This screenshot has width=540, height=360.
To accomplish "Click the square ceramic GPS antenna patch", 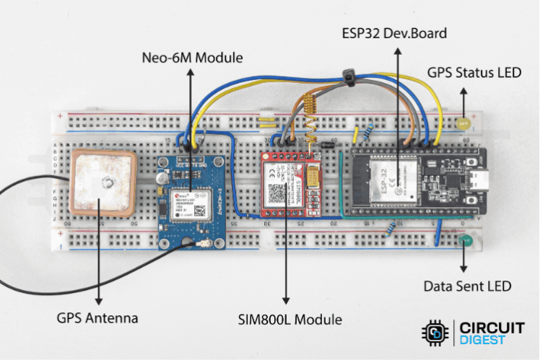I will (104, 183).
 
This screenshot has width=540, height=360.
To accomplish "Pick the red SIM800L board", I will (287, 185).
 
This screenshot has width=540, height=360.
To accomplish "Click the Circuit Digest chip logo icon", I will (435, 333).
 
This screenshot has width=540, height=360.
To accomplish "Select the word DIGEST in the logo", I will (483, 340).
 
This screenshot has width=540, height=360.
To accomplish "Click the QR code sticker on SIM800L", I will (278, 193).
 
